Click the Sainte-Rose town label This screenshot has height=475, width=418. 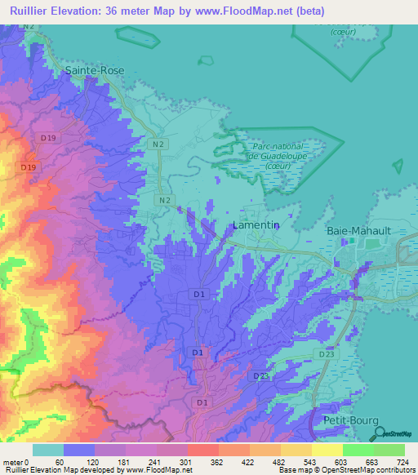pos(95,71)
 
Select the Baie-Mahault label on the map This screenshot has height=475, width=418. pos(361,231)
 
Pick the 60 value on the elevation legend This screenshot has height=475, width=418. pos(59,461)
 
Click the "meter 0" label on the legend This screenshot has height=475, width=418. pos(16,461)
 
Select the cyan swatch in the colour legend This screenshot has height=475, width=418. pos(47,450)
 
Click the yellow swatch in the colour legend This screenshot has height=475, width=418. pos(327,450)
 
